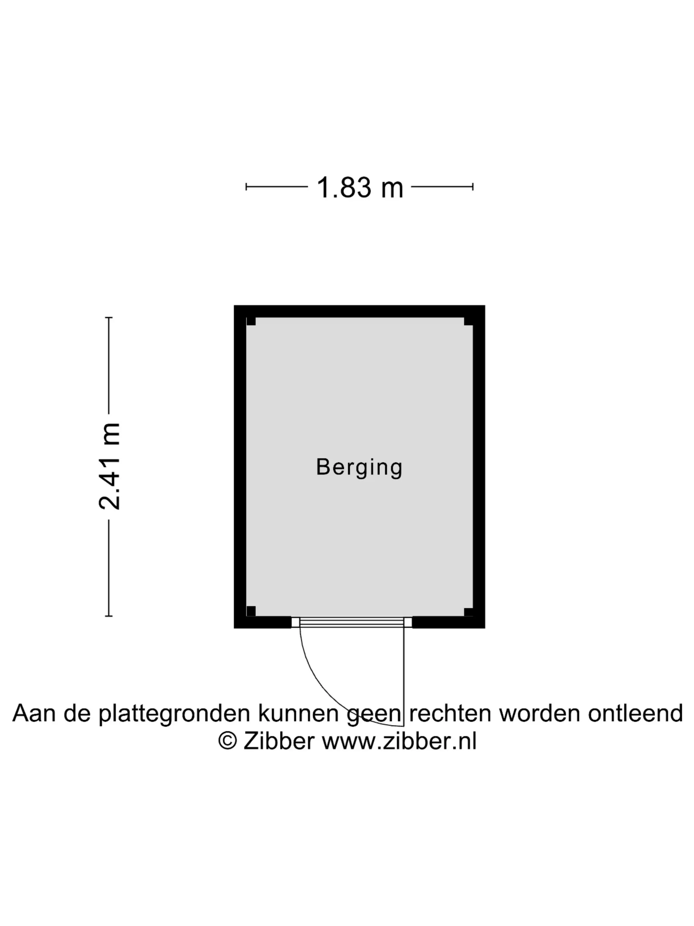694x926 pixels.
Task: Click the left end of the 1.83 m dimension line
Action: pyautogui.click(x=246, y=187)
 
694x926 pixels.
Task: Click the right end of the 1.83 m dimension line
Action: pyautogui.click(x=473, y=187)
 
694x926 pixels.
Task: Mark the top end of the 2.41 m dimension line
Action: pyautogui.click(x=109, y=318)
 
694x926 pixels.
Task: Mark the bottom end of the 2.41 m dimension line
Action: pyautogui.click(x=109, y=616)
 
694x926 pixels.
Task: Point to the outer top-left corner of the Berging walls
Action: pyautogui.click(x=234, y=305)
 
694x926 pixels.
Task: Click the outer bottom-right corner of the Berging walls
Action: pyautogui.click(x=485, y=628)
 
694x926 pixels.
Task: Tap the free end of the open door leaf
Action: pyautogui.click(x=404, y=726)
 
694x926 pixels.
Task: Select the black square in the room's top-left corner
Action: pyautogui.click(x=251, y=321)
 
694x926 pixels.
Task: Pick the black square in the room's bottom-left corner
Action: pyautogui.click(x=251, y=611)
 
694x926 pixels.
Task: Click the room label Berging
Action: pyautogui.click(x=359, y=468)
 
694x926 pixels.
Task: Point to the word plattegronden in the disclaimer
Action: pyautogui.click(x=174, y=714)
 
